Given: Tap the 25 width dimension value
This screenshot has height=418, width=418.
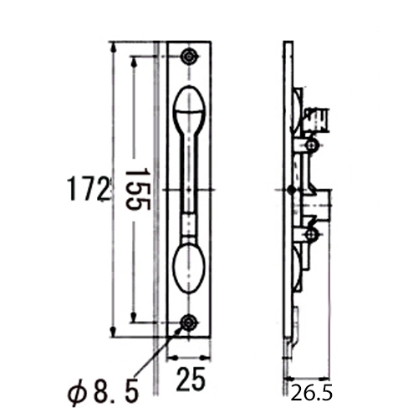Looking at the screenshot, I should pyautogui.click(x=191, y=381).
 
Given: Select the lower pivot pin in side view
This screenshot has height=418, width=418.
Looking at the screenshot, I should pyautogui.click(x=311, y=235).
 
